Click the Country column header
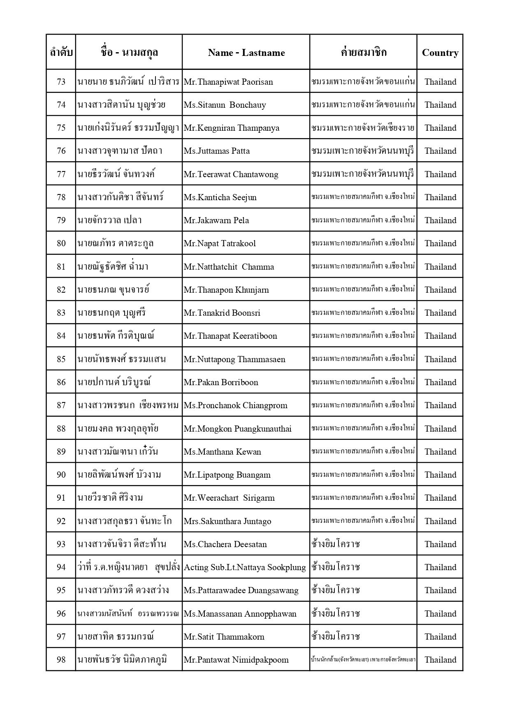(x=440, y=53)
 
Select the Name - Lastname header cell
(x=246, y=53)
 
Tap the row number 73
(x=61, y=82)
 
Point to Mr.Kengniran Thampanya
(x=231, y=128)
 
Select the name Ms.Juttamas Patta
(x=217, y=151)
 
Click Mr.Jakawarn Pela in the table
(x=216, y=220)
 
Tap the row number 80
(x=61, y=243)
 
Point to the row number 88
(x=61, y=429)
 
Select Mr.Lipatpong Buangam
(x=227, y=475)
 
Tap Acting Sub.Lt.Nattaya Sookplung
(x=245, y=567)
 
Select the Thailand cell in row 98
(x=440, y=660)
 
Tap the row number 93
(x=61, y=544)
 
